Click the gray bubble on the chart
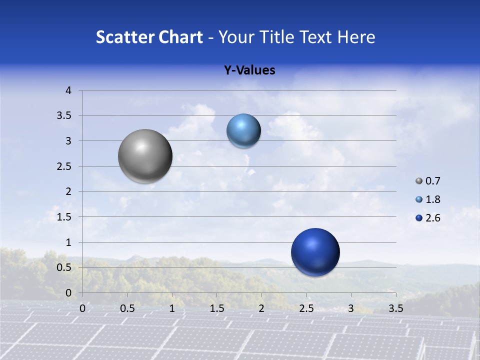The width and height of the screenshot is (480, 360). click(x=145, y=156)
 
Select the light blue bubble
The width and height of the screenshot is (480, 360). click(x=243, y=130)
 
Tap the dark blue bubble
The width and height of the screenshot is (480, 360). click(x=315, y=252)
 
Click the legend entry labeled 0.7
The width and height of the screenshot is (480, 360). click(x=428, y=181)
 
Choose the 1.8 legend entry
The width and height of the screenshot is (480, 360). click(x=428, y=199)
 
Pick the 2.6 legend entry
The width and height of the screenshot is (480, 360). click(x=428, y=218)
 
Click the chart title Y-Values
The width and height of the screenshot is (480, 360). click(x=249, y=70)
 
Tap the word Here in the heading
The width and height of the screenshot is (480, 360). click(x=356, y=37)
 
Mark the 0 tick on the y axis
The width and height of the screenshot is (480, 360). click(x=69, y=293)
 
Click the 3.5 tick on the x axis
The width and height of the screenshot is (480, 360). click(x=395, y=308)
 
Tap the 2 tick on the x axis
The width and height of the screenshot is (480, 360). click(x=261, y=308)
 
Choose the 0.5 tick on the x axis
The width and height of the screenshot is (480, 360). click(x=127, y=308)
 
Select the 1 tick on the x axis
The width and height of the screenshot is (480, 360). click(x=172, y=308)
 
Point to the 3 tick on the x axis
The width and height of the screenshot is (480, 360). click(x=351, y=308)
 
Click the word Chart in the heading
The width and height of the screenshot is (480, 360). click(x=181, y=37)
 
